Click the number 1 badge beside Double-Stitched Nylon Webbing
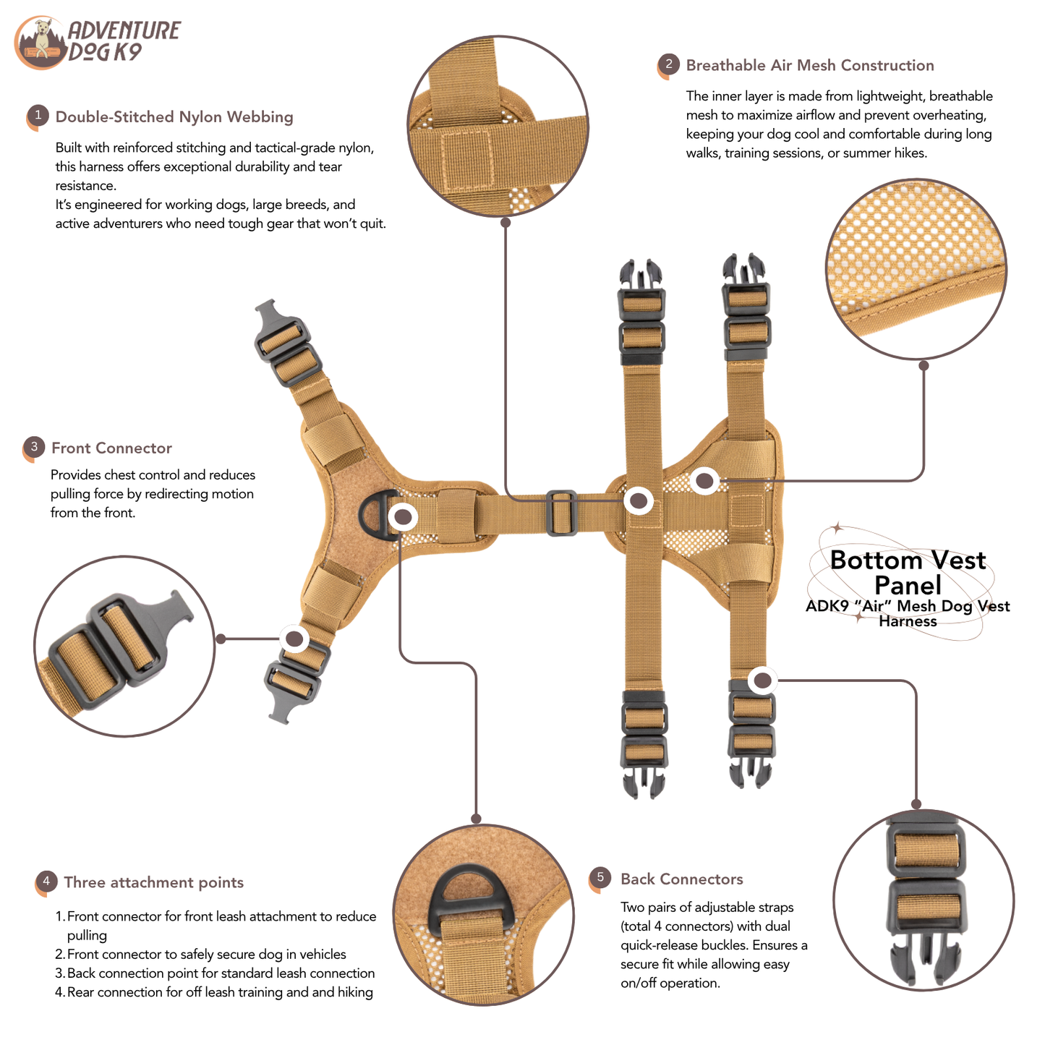(x=38, y=116)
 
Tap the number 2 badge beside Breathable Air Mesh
(x=668, y=65)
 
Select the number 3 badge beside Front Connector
(x=34, y=448)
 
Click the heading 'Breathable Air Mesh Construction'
(x=809, y=65)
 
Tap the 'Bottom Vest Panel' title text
(x=908, y=572)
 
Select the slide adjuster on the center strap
(x=561, y=513)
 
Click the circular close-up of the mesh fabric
(x=916, y=269)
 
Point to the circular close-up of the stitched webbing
(x=498, y=126)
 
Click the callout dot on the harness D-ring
(x=402, y=517)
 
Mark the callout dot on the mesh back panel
(x=704, y=480)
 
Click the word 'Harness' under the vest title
(x=908, y=621)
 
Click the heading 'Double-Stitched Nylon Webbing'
(x=174, y=116)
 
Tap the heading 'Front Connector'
(x=111, y=448)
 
